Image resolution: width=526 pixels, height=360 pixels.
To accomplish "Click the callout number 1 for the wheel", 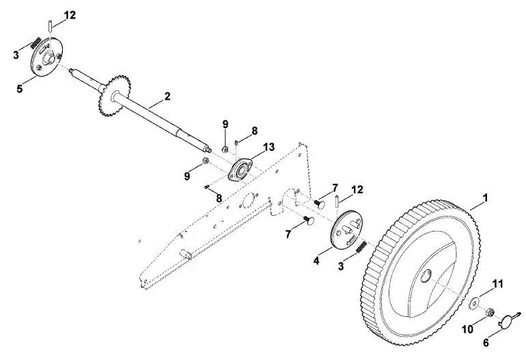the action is [485, 198].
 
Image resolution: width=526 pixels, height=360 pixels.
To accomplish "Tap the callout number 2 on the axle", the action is [167, 96].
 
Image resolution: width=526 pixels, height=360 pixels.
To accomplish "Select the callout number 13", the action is [268, 147].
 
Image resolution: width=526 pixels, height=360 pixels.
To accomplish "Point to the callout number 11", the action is [498, 284].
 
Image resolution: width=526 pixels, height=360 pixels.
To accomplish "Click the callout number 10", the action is [467, 329].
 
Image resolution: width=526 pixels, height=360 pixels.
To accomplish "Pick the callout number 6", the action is [486, 342].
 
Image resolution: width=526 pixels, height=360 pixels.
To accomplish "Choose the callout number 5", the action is [19, 89].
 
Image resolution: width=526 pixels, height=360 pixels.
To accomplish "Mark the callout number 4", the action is [316, 260].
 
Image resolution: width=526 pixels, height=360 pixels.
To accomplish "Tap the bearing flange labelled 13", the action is [240, 169].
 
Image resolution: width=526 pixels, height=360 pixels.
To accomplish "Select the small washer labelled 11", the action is [473, 303].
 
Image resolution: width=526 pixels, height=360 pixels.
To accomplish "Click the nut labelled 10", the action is [489, 312].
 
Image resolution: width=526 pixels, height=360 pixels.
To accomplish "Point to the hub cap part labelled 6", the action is [507, 321].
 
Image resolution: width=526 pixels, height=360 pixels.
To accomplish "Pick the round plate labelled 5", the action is [46, 57].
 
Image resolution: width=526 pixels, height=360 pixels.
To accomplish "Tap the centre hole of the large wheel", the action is [426, 276].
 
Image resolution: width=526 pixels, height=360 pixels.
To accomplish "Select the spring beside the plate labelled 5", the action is [36, 42].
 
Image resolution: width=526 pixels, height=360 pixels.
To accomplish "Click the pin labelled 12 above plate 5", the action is [50, 26].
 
